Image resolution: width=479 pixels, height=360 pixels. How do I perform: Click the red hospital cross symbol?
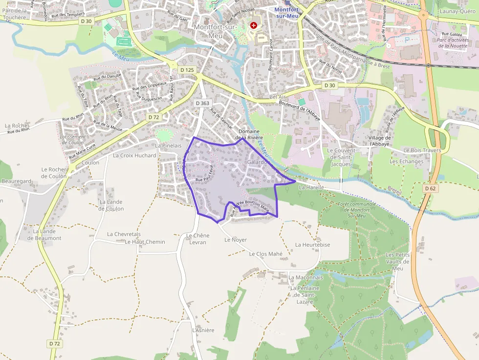pyautogui.click(x=254, y=25)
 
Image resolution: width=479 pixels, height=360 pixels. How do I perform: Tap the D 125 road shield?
pyautogui.click(x=187, y=70)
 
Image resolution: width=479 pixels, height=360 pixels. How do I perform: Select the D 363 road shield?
pyautogui.click(x=202, y=103)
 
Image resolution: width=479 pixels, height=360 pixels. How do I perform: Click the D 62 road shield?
pyautogui.click(x=430, y=188)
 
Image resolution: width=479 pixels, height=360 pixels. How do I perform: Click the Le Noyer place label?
pyautogui.click(x=236, y=240)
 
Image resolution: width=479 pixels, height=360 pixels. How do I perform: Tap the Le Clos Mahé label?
pyautogui.click(x=266, y=254)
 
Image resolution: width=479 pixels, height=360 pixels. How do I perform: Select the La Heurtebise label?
pyautogui.click(x=313, y=245)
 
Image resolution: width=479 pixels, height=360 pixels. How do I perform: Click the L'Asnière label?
pyautogui.click(x=203, y=330)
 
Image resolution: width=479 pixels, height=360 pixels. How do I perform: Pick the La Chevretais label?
pyautogui.click(x=124, y=234)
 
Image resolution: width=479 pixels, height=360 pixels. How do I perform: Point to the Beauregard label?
pyautogui.click(x=17, y=181)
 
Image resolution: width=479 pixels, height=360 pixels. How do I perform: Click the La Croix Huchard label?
pyautogui.click(x=134, y=155)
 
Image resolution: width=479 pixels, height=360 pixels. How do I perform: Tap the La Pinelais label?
pyautogui.click(x=168, y=146)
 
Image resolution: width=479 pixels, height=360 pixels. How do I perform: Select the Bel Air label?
pyautogui.click(x=277, y=97)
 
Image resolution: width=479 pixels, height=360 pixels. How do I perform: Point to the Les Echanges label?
pyautogui.click(x=406, y=161)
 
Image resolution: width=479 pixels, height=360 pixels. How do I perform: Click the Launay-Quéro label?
pyautogui.click(x=457, y=11)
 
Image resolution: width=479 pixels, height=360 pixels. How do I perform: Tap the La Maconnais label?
pyautogui.click(x=306, y=277)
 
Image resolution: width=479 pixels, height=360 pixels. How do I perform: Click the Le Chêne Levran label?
pyautogui.click(x=198, y=239)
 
